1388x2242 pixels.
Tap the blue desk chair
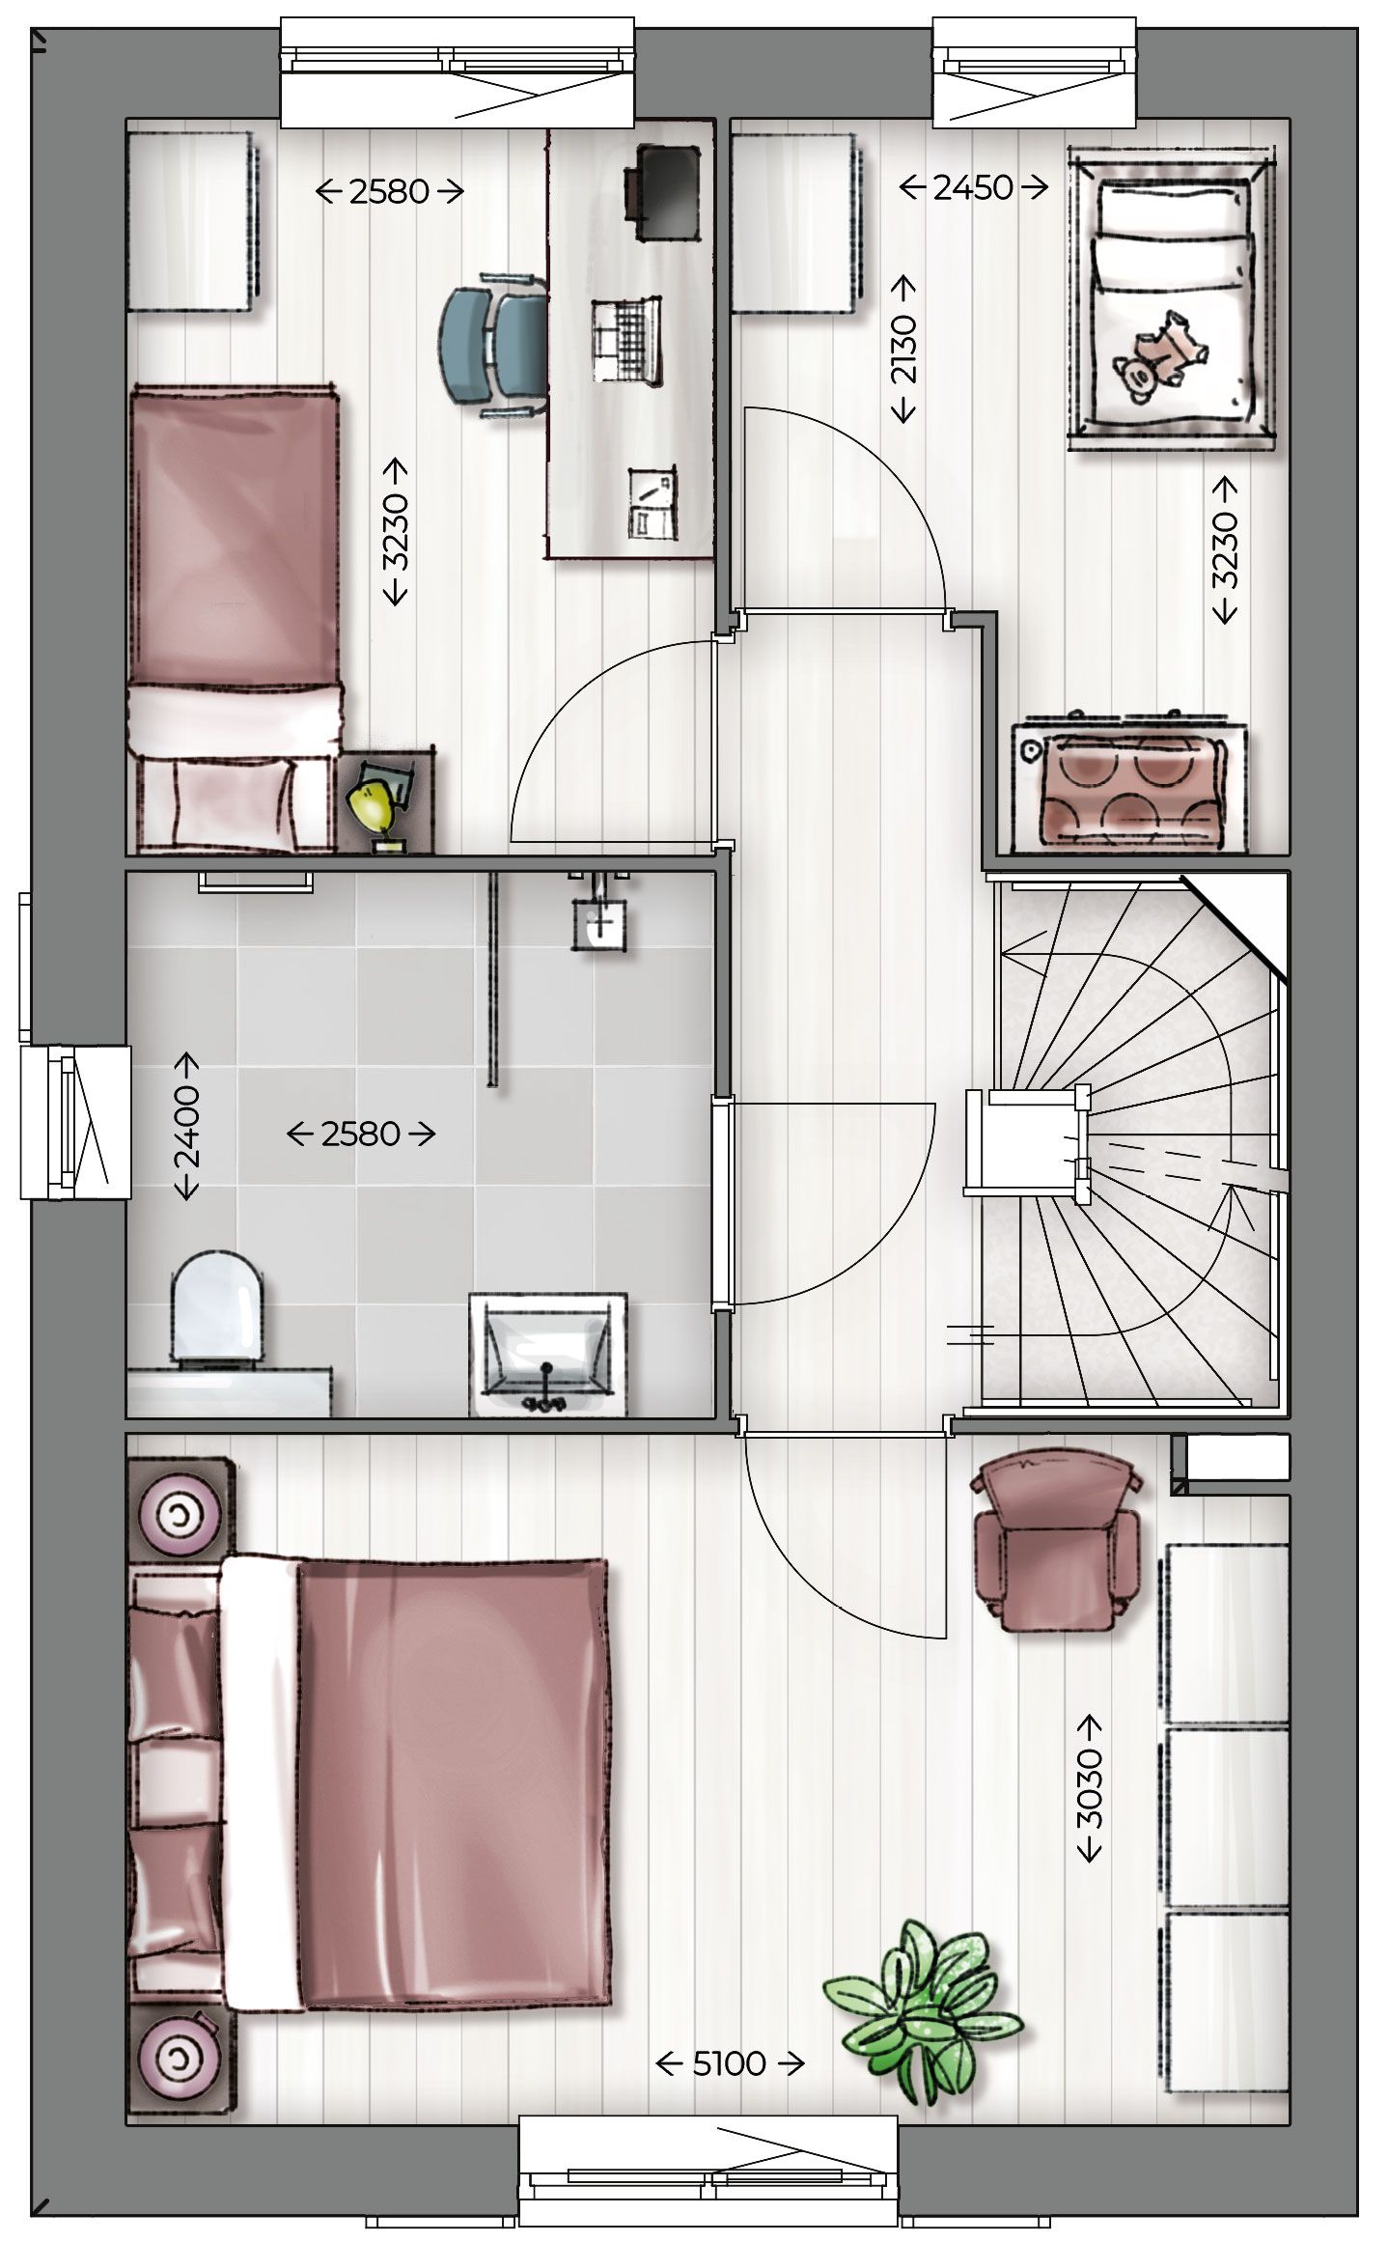pos(493,346)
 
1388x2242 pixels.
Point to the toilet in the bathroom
pos(217,1308)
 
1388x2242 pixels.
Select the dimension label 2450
pos(973,187)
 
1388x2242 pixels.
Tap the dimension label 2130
pos(904,350)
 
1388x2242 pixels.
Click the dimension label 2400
pos(185,1126)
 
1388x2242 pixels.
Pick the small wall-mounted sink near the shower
pos(599,922)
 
